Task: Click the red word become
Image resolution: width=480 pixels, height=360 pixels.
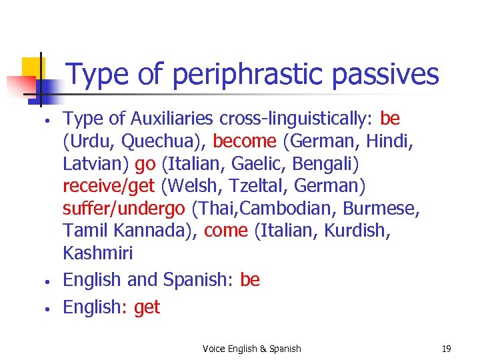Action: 245,141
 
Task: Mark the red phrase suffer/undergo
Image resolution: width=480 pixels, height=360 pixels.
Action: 123,209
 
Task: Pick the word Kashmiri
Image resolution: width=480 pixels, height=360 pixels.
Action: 97,253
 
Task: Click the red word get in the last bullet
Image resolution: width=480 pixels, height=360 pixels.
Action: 147,307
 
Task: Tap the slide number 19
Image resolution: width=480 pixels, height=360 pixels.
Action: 446,349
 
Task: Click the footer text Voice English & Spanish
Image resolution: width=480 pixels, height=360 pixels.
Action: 252,349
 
